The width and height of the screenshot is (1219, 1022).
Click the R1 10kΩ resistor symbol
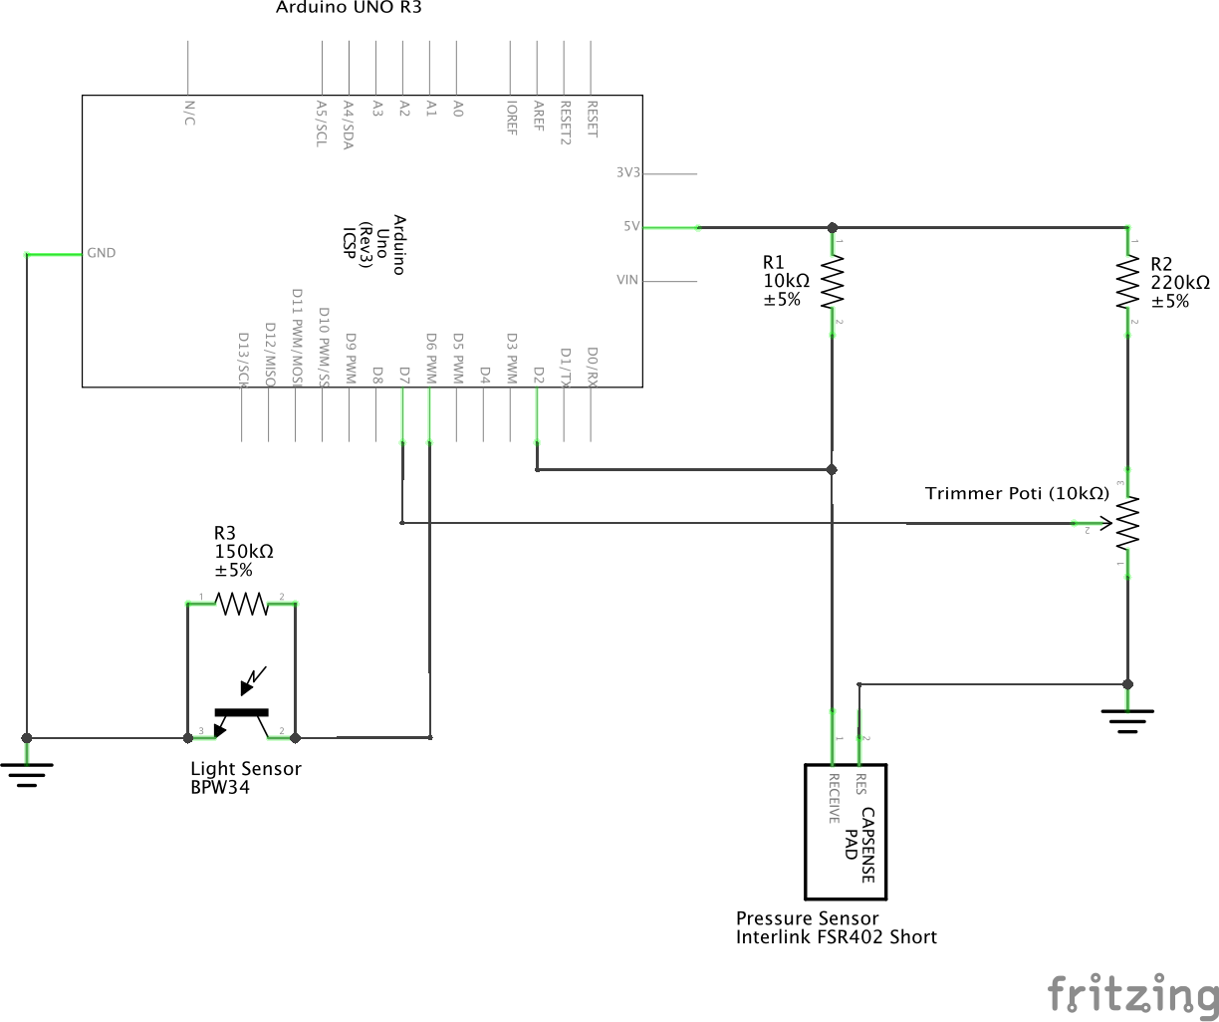click(833, 283)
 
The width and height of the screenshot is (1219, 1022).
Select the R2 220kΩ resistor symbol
click(1127, 283)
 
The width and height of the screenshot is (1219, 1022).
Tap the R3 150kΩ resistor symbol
click(242, 604)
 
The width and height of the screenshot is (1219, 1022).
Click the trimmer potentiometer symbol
click(1125, 523)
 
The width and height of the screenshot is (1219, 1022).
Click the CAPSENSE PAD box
click(845, 832)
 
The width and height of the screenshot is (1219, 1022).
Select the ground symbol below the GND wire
click(27, 771)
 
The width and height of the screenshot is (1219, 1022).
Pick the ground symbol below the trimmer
click(1127, 719)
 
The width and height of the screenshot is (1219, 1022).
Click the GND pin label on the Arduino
click(102, 253)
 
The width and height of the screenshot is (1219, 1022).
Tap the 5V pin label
click(631, 226)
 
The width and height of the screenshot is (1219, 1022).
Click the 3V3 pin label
click(627, 172)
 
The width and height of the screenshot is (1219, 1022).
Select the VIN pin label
click(627, 280)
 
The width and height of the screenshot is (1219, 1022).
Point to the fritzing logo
click(1132, 993)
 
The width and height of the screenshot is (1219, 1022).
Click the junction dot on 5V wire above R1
click(833, 227)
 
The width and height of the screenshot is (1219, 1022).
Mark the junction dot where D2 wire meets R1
click(833, 468)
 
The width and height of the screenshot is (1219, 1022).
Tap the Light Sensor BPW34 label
click(245, 777)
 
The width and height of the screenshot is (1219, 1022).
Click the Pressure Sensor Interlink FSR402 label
click(836, 927)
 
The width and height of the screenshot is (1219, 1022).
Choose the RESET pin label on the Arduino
click(593, 119)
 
